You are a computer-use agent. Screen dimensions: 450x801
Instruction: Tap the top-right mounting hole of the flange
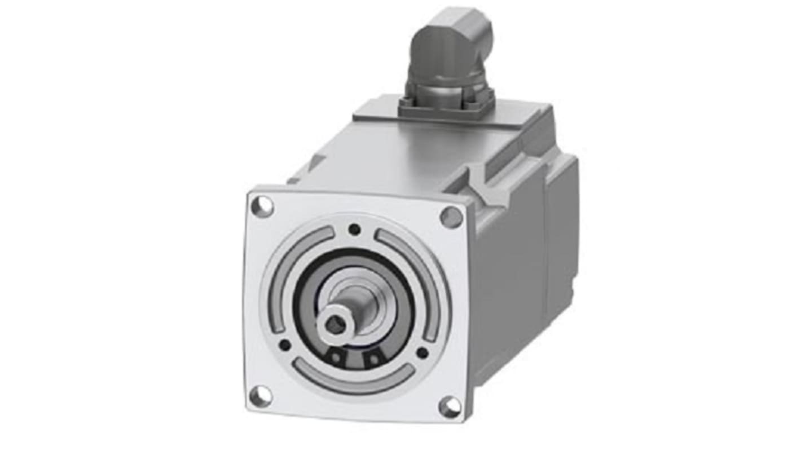[x=451, y=217]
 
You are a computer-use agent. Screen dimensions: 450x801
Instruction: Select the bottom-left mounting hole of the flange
[x=260, y=396]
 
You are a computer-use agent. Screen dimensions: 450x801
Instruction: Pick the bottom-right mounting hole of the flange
[x=450, y=406]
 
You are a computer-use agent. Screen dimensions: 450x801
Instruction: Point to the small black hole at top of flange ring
[x=354, y=229]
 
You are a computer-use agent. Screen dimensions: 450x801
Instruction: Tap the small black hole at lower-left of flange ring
[x=285, y=345]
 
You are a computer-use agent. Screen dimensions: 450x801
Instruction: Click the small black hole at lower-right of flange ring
[x=422, y=352]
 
